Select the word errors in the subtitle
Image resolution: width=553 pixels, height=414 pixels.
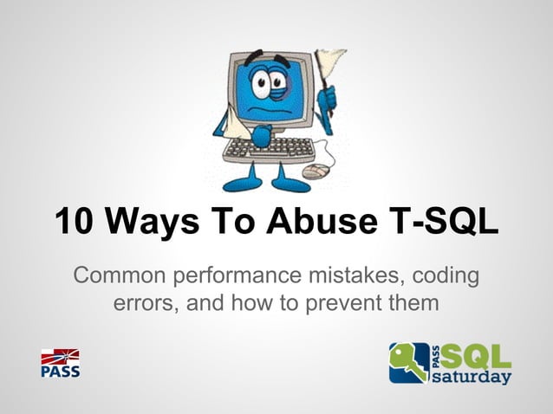142,304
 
